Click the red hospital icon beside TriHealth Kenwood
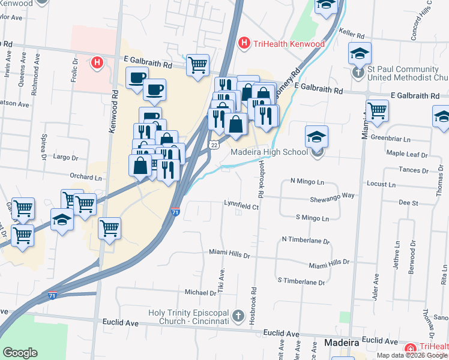(244, 43)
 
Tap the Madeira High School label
(270, 152)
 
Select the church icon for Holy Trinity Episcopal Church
(238, 316)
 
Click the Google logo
(20, 353)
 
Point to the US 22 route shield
(214, 145)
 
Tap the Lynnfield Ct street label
(241, 207)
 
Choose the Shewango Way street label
(332, 196)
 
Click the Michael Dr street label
(200, 293)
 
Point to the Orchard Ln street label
(86, 178)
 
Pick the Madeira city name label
(342, 343)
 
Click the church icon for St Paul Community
(358, 73)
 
